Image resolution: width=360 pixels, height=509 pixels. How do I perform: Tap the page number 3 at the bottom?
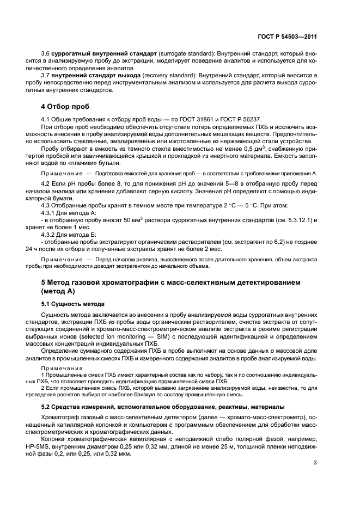tap(315, 463)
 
